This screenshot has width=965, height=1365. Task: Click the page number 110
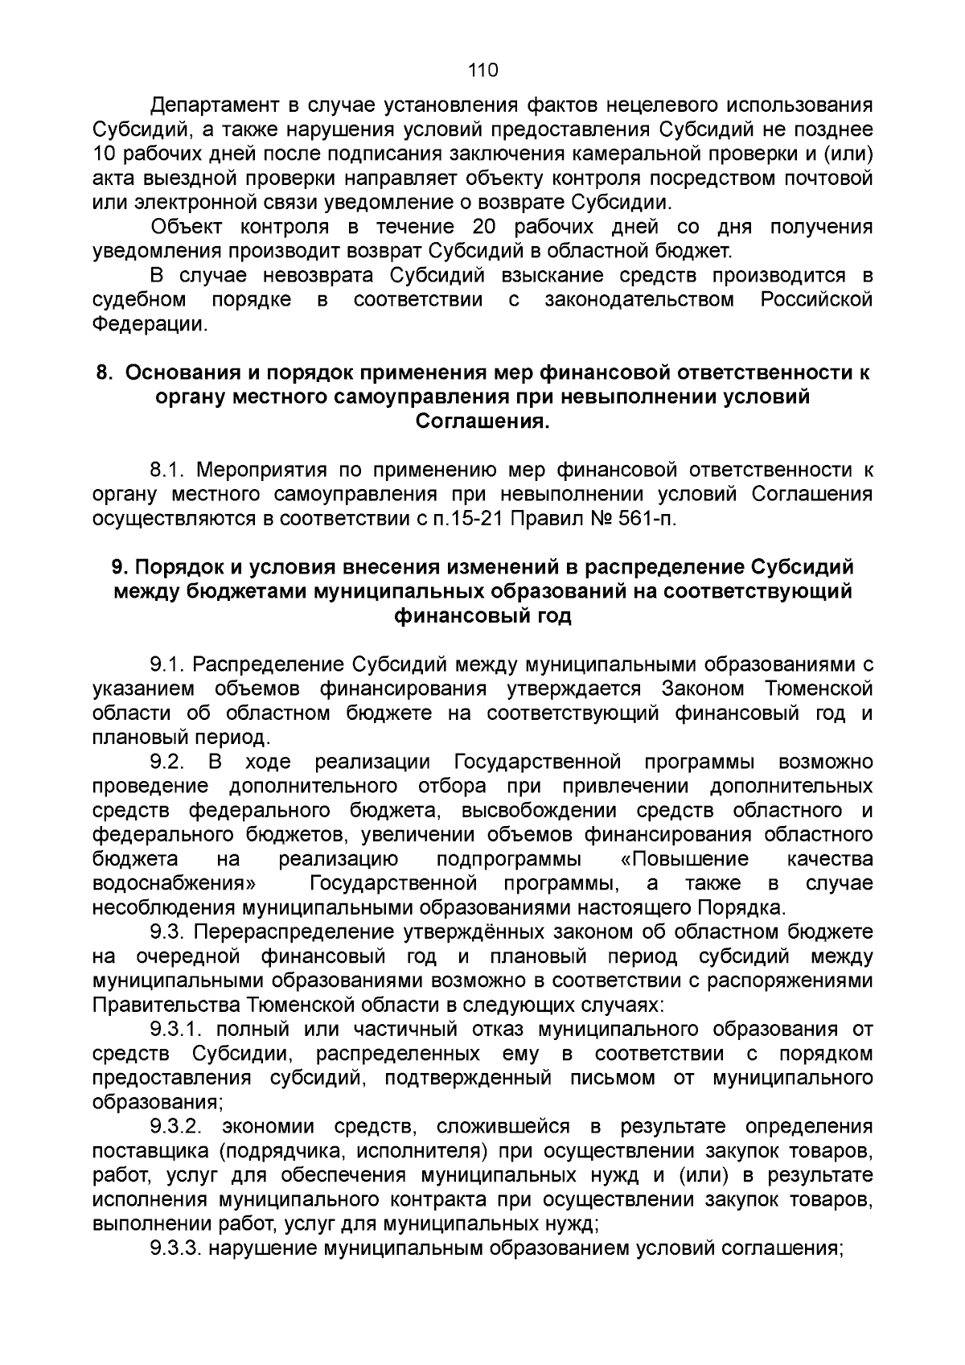click(482, 70)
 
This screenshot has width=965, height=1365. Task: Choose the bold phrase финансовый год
click(482, 616)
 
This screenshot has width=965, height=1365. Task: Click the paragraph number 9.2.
click(168, 762)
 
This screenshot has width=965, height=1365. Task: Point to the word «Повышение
click(684, 859)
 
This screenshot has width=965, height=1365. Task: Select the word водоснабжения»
click(175, 884)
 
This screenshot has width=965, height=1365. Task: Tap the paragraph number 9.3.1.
click(179, 1030)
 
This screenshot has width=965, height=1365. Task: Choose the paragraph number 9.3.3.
click(179, 1248)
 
